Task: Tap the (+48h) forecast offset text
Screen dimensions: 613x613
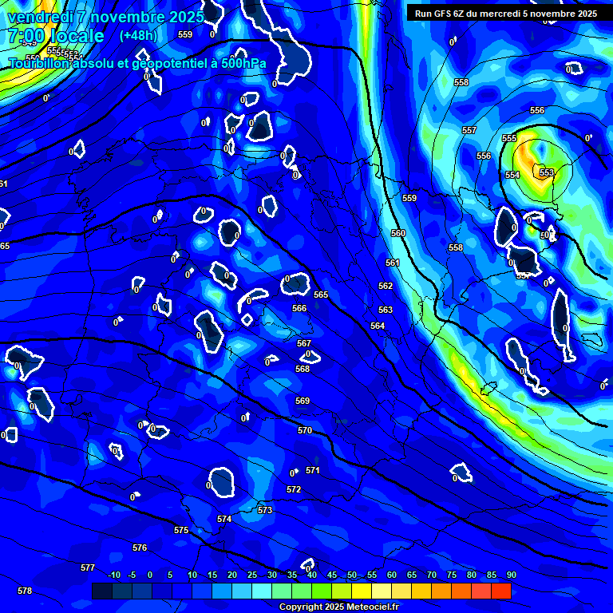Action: [x=138, y=35]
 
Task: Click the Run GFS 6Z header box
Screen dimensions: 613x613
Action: [x=506, y=14]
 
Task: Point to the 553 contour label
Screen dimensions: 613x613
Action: [x=547, y=172]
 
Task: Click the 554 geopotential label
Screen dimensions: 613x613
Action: [x=512, y=175]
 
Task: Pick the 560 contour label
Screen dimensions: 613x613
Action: [x=398, y=233]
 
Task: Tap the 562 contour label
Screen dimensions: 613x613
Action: [x=386, y=286]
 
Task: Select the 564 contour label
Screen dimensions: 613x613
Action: [x=378, y=326]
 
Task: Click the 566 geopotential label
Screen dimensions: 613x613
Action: [x=299, y=308]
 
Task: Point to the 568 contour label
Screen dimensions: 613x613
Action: [x=303, y=369]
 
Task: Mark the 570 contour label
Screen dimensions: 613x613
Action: [x=305, y=430]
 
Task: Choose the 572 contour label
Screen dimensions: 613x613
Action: [x=294, y=489]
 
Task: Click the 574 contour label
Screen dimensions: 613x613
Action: [x=224, y=519]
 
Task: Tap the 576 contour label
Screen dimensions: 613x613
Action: [x=140, y=548]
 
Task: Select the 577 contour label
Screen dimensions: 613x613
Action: [x=88, y=568]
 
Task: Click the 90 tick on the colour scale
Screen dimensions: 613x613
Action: [x=511, y=575]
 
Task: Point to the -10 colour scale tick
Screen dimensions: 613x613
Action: [x=114, y=575]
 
